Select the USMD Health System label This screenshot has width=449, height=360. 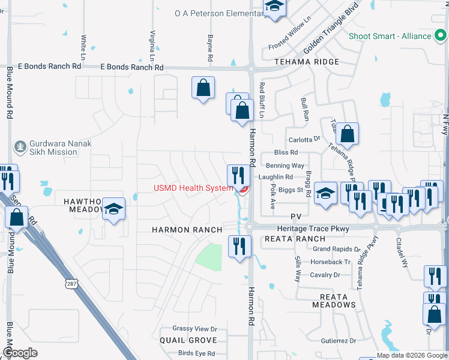193,188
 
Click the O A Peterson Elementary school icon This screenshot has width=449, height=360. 274,7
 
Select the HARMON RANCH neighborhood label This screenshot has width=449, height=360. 187,230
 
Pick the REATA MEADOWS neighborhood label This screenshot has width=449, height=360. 334,300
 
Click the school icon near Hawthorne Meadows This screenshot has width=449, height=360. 113,209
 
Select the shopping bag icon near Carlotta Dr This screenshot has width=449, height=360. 347,134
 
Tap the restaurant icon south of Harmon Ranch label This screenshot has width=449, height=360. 239,246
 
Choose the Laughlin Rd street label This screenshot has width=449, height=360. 276,177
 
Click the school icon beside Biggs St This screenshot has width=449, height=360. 325,194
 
